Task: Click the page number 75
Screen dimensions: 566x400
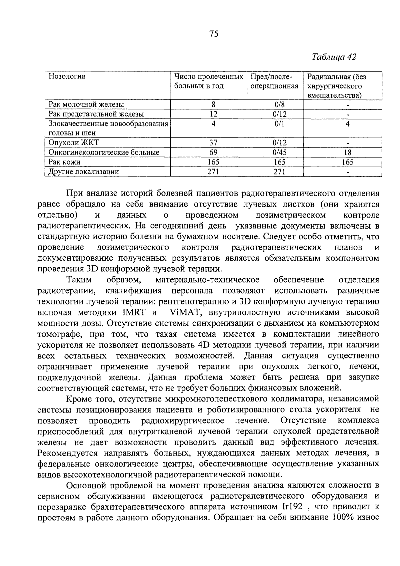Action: pyautogui.click(x=214, y=34)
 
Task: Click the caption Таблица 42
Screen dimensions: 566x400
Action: pyautogui.click(x=334, y=57)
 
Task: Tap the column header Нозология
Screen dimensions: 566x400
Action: pyautogui.click(x=67, y=76)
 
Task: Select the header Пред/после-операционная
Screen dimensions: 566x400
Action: pyautogui.click(x=274, y=81)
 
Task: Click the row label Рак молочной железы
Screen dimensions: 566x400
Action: pyautogui.click(x=86, y=104)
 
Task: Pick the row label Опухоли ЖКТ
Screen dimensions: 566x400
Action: pyautogui.click(x=74, y=143)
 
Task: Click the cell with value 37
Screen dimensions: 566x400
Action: pyautogui.click(x=213, y=143)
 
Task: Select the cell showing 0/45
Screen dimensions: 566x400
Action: pyautogui.click(x=279, y=153)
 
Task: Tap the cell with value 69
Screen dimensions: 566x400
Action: pyautogui.click(x=213, y=153)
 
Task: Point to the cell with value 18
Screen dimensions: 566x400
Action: pyautogui.click(x=347, y=153)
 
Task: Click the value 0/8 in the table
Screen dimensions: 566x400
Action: pyautogui.click(x=279, y=104)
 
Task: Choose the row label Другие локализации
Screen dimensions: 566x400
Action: pyautogui.click(x=84, y=172)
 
